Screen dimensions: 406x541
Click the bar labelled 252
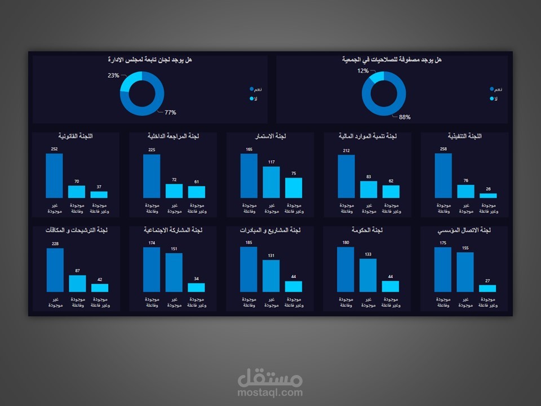coord(54,175)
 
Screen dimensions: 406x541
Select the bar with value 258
coord(443,175)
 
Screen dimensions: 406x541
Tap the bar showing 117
coord(271,182)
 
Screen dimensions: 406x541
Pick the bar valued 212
coord(346,176)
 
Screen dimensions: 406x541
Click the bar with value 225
coord(152,176)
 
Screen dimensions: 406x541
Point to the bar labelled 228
coord(55,270)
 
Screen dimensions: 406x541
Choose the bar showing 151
coord(174,272)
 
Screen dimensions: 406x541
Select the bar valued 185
coord(249,269)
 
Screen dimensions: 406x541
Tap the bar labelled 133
coord(368,275)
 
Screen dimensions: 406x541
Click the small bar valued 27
coord(487,288)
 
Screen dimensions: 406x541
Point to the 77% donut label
coord(170,112)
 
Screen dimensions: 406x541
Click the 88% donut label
coord(405,117)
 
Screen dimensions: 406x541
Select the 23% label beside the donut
coord(113,75)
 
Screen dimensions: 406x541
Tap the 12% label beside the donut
coord(362,71)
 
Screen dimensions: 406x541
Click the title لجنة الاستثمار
coord(270,136)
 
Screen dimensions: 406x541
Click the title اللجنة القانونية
coord(76,136)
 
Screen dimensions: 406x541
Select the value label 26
coord(487,189)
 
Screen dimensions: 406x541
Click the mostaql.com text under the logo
coord(270,392)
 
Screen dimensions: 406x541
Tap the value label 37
coord(99,187)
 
